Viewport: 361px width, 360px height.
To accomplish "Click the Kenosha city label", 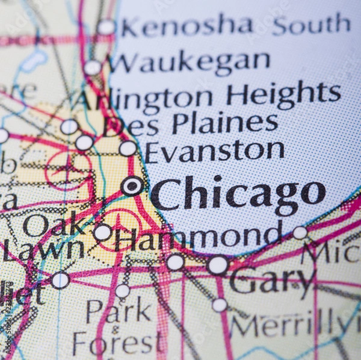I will point(187,26).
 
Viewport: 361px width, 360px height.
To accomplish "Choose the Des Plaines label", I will point(190,124).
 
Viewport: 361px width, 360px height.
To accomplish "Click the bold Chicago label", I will point(238,193).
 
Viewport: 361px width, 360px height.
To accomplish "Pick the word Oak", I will point(54,225).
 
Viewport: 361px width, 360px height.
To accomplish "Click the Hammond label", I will point(199,237).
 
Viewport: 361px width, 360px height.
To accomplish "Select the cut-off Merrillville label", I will point(295,326).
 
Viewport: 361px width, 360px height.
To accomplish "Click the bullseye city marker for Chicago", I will point(132,185).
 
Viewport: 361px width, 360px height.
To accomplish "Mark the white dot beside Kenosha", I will point(106,27).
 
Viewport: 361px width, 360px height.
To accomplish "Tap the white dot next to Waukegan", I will point(93,67).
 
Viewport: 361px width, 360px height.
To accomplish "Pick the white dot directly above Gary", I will point(218,265).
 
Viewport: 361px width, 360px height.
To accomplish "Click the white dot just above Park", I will point(123,291).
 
